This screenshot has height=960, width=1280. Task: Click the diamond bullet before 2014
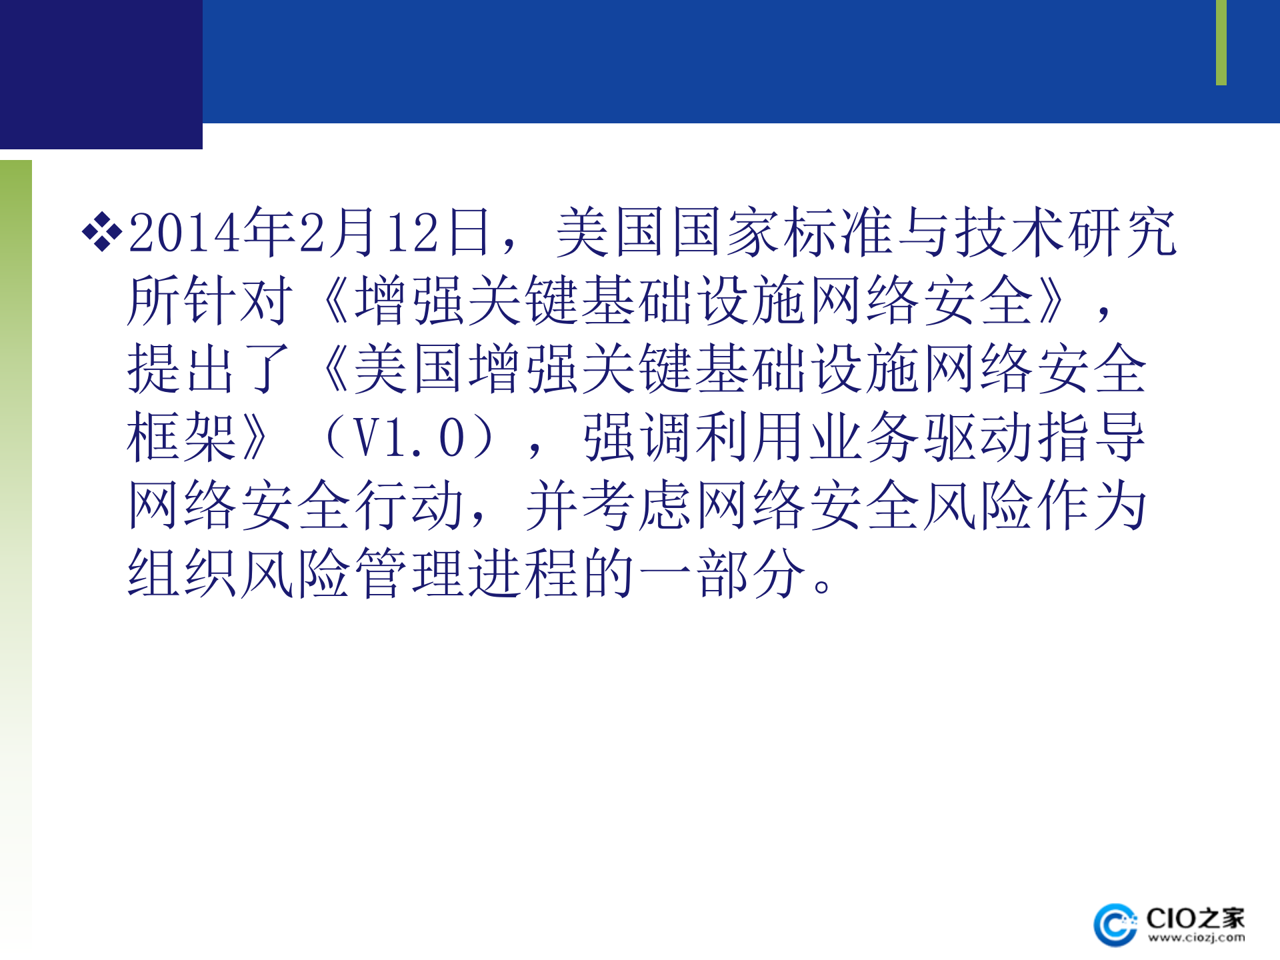(x=101, y=232)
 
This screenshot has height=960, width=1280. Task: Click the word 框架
(x=182, y=437)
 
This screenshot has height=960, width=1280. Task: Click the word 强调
(x=638, y=437)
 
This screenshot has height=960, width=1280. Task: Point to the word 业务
(x=865, y=437)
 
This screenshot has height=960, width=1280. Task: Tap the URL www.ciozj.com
(x=1196, y=938)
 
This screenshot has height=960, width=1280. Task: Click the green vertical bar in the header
(x=1221, y=43)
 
